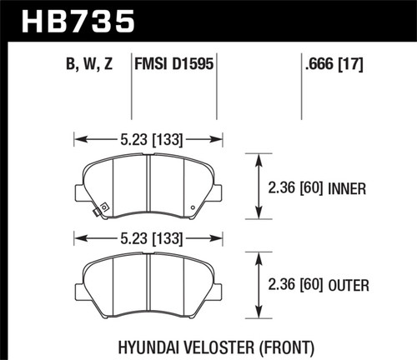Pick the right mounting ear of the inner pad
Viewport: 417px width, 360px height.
click(216, 191)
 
